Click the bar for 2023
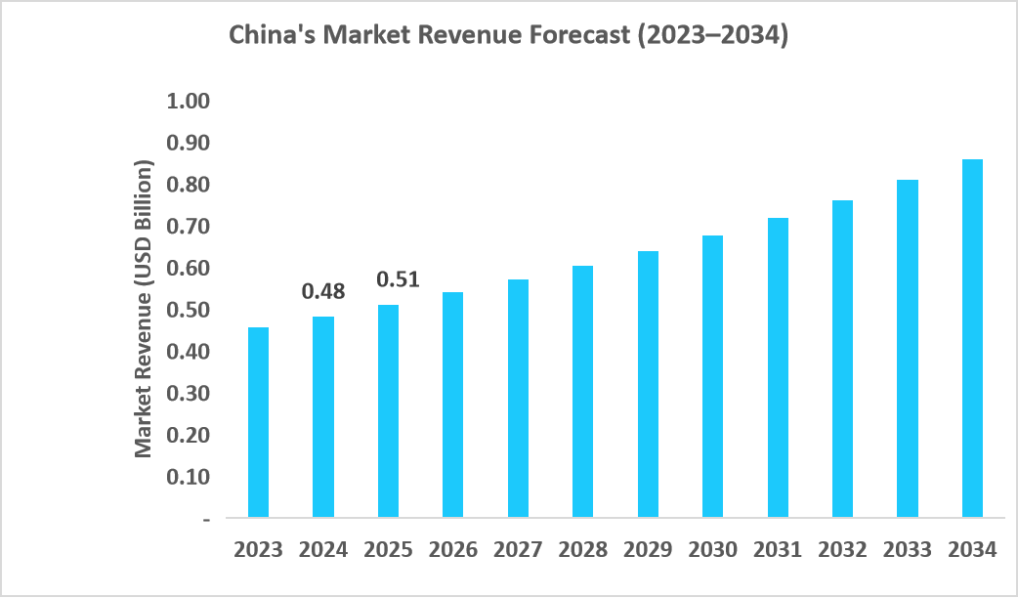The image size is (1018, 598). click(258, 422)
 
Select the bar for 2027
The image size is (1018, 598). click(518, 398)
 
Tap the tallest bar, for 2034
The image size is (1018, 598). click(972, 338)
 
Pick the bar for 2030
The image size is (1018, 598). click(712, 376)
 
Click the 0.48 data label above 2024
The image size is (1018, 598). click(323, 291)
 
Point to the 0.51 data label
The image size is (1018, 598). click(398, 279)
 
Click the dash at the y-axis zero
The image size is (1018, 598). click(205, 519)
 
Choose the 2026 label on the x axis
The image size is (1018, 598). click(452, 550)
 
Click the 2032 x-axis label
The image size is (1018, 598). click(842, 550)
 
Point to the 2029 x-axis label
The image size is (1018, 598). click(648, 550)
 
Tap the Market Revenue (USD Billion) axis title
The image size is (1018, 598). click(145, 310)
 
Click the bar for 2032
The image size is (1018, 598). click(842, 359)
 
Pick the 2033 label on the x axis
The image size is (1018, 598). click(907, 550)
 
